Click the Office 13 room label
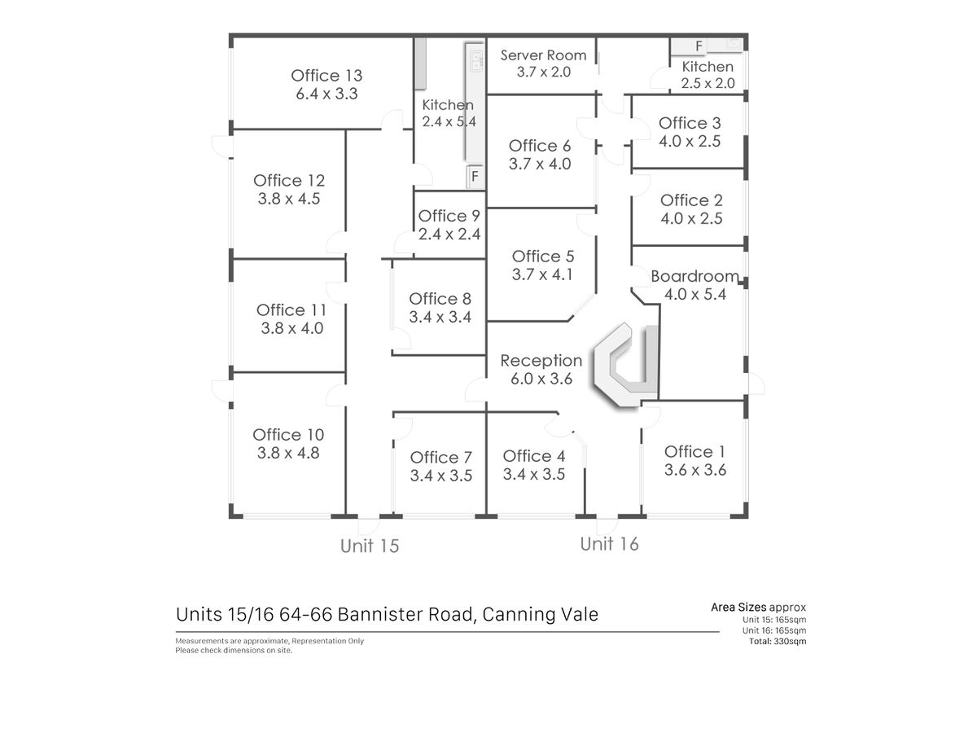(x=326, y=76)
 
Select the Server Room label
(x=544, y=55)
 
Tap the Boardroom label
(x=694, y=276)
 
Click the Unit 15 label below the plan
(x=370, y=546)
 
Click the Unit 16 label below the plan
(x=609, y=544)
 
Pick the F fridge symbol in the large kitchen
(x=475, y=176)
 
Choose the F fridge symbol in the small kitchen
(x=699, y=46)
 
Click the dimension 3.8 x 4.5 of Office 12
(x=289, y=199)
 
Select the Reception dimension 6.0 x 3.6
(x=541, y=379)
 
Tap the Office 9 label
(x=449, y=216)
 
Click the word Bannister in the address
(x=405, y=614)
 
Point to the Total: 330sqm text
(x=778, y=641)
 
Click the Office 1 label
(x=694, y=452)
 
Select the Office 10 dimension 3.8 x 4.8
(x=288, y=453)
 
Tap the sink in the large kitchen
(x=476, y=61)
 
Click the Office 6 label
(x=540, y=146)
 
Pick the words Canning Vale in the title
(x=541, y=614)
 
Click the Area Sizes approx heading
(x=759, y=608)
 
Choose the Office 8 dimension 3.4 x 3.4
(x=440, y=317)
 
